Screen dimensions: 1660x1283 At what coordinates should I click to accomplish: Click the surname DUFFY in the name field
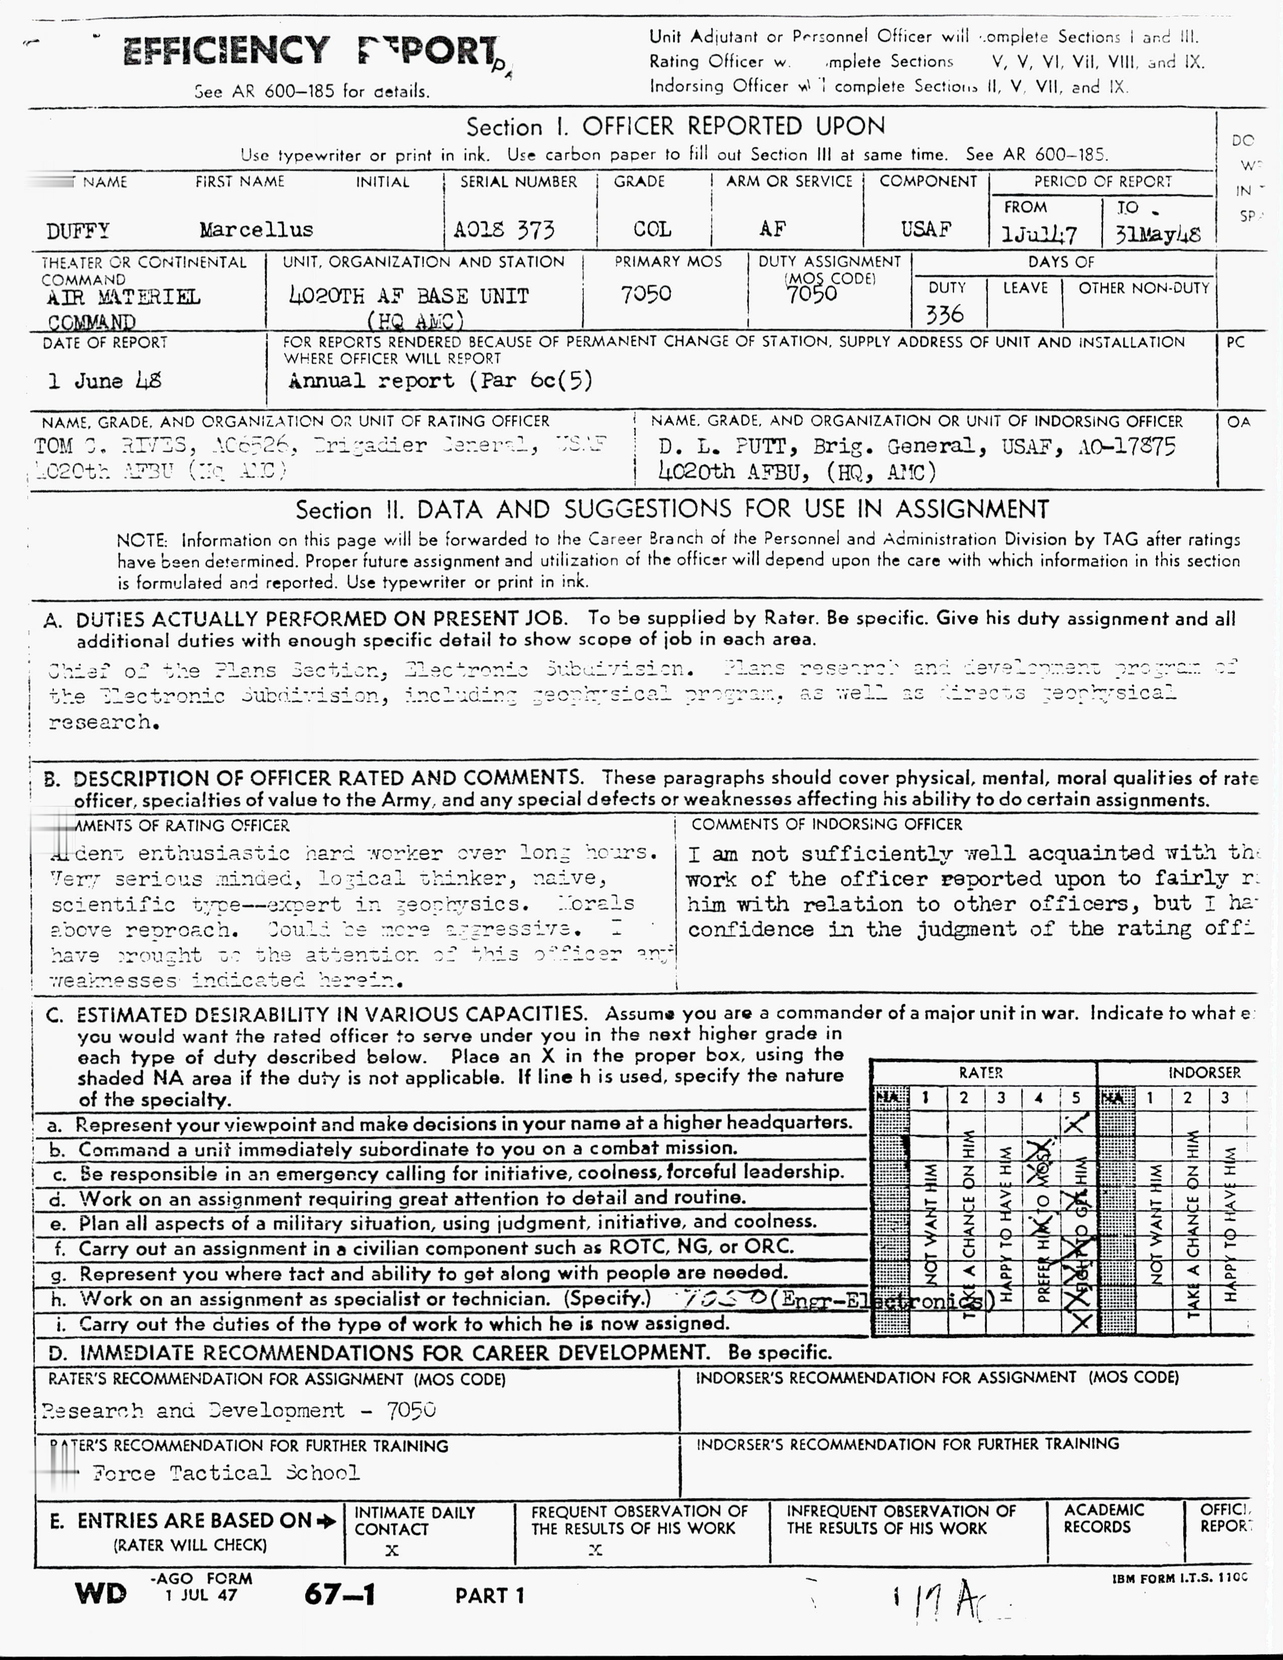(77, 230)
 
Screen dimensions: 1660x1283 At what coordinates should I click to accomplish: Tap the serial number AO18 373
(504, 229)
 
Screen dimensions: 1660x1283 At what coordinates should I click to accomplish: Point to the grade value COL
(652, 229)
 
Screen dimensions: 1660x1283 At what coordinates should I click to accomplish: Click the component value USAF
(926, 229)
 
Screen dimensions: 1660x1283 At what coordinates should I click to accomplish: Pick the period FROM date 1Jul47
(1039, 234)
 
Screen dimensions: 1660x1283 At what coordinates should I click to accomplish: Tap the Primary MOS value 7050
(646, 294)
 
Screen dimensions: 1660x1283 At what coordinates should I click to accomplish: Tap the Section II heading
(672, 509)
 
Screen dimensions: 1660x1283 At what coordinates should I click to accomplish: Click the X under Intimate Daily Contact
(391, 1550)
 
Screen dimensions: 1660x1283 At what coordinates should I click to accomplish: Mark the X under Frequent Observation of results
(595, 1550)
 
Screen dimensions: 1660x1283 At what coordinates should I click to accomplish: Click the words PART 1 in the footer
(490, 1595)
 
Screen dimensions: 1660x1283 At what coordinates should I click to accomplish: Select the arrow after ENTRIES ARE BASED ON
(327, 1521)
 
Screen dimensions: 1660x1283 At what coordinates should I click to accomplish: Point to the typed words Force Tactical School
(226, 1473)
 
